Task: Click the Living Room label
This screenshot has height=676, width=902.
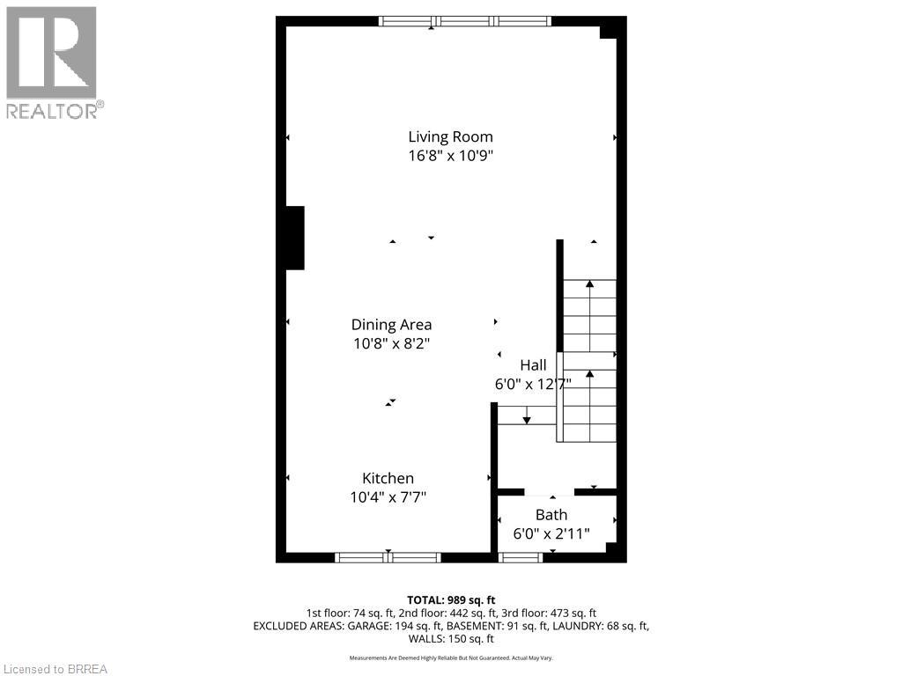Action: (x=450, y=136)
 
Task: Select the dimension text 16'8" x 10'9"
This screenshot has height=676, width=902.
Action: (x=450, y=156)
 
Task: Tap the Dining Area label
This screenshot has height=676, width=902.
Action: (x=391, y=325)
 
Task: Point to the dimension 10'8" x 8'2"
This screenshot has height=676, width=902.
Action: (x=391, y=344)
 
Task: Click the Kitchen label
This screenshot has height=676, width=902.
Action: (x=388, y=478)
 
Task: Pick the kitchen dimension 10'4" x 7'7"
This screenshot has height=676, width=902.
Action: (x=388, y=497)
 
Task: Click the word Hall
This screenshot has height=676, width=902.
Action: (x=533, y=365)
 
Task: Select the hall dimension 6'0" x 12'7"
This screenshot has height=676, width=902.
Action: (x=533, y=385)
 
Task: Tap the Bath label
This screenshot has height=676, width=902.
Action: (x=551, y=515)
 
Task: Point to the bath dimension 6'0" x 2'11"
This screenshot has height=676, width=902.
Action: (x=551, y=533)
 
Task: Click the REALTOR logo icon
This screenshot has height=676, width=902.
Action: (x=51, y=53)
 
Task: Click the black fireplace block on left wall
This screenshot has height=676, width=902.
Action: (x=294, y=238)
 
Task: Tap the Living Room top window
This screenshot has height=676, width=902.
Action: (x=464, y=21)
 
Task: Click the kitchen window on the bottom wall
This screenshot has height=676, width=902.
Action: (x=388, y=557)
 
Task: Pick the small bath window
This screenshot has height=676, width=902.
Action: (x=521, y=557)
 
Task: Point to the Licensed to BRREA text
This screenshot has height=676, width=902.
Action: (x=55, y=669)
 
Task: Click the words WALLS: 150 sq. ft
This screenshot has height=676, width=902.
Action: (x=450, y=638)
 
